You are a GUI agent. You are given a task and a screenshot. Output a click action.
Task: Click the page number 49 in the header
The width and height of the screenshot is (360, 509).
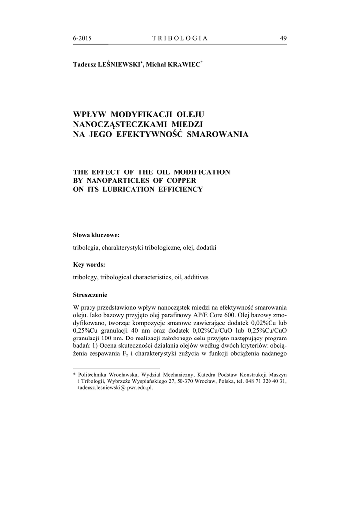click(x=283, y=39)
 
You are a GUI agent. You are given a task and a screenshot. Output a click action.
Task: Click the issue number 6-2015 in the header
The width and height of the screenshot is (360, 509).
click(x=82, y=39)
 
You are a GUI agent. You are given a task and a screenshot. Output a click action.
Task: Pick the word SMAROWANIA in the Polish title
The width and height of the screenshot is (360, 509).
click(x=216, y=134)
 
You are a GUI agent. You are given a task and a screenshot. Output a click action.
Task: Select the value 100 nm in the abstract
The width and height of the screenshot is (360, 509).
click(x=116, y=338)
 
